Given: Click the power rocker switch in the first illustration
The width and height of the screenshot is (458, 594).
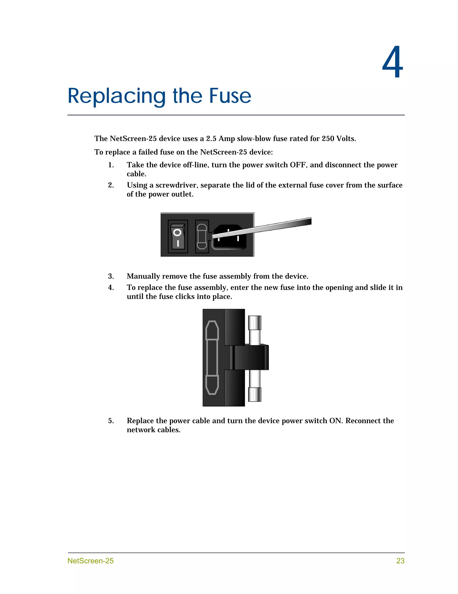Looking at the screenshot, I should (x=178, y=236).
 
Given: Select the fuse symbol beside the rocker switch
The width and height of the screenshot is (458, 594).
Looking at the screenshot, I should (x=202, y=236).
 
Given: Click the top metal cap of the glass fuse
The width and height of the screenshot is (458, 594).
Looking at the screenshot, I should (x=255, y=323).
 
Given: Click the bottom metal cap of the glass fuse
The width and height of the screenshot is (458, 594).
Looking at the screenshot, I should (x=255, y=394).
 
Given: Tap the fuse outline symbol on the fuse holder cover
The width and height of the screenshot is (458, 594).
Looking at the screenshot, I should (x=212, y=357).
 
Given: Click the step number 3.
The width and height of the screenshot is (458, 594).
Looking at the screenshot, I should (x=111, y=276).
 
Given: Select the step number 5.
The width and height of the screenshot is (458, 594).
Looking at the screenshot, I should (x=111, y=421).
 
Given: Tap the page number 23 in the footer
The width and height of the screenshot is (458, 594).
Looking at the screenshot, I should (x=400, y=561).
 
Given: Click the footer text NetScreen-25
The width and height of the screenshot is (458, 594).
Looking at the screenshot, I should (x=91, y=561).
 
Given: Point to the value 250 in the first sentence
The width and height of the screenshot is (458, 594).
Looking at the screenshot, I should (x=328, y=139).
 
